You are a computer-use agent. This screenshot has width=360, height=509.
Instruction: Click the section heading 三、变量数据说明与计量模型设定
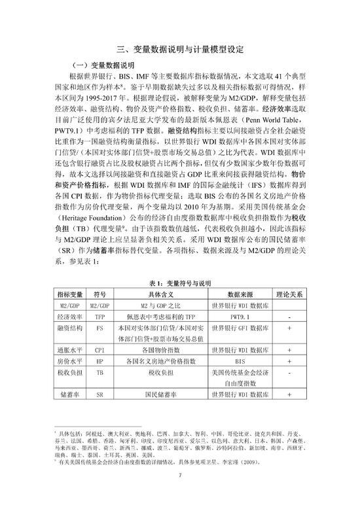(x=179, y=48)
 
